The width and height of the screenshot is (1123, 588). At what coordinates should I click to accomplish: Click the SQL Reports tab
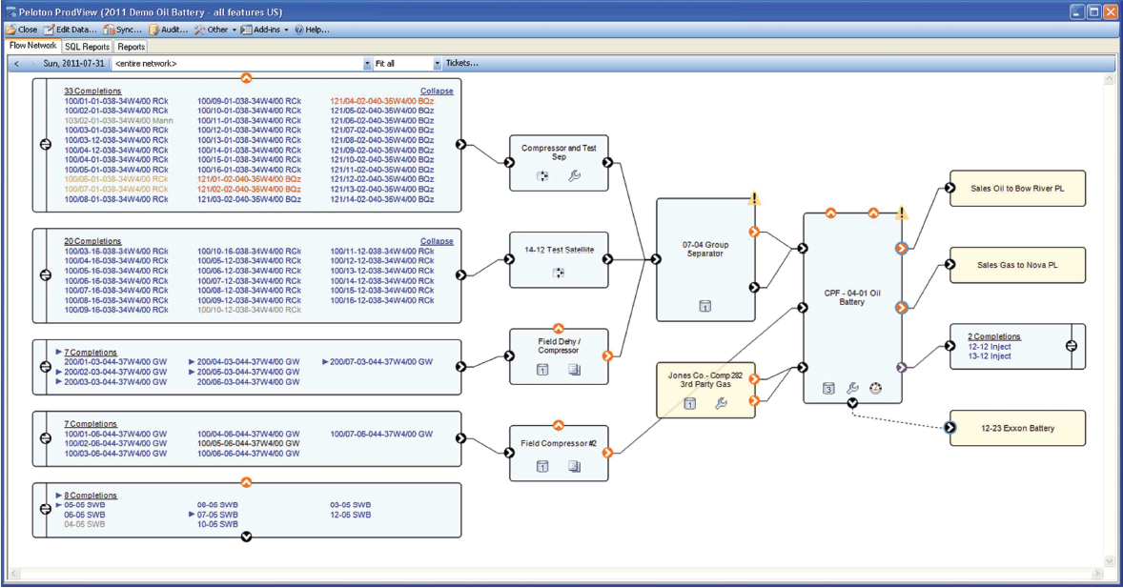click(87, 46)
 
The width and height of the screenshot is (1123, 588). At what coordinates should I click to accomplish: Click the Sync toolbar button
click(123, 30)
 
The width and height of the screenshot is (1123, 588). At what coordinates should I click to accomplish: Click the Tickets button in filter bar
click(461, 63)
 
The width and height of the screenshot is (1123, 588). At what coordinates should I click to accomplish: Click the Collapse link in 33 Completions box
click(437, 91)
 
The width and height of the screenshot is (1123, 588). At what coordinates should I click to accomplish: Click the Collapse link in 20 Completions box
click(437, 241)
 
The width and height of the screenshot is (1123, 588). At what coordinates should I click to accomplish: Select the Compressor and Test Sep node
click(558, 152)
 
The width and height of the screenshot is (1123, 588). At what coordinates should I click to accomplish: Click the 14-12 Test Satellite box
click(558, 249)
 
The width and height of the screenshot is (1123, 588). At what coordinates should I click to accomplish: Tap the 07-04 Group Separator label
click(705, 250)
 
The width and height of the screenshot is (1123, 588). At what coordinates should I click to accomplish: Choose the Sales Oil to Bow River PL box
click(1017, 189)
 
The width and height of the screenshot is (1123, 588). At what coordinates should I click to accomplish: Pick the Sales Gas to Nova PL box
click(1017, 265)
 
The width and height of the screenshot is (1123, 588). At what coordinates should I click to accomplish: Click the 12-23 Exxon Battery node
click(1017, 428)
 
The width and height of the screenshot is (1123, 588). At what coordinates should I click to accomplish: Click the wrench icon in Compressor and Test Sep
click(574, 175)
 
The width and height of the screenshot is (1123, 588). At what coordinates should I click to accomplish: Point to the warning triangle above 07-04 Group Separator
click(754, 199)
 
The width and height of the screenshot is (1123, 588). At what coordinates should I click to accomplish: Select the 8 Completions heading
click(91, 496)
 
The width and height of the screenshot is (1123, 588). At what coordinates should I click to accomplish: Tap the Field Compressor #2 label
click(558, 443)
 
